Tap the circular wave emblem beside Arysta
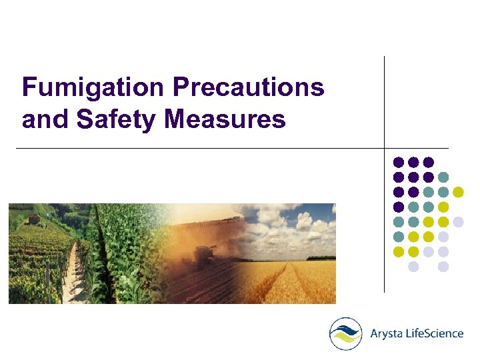pyautogui.click(x=346, y=333)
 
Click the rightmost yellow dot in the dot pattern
pyautogui.click(x=458, y=192)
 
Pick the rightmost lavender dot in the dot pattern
pyautogui.click(x=458, y=221)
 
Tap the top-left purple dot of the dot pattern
pyautogui.click(x=399, y=162)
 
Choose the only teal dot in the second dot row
pyautogui.click(x=443, y=177)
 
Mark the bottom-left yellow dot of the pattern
pyautogui.click(x=399, y=251)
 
